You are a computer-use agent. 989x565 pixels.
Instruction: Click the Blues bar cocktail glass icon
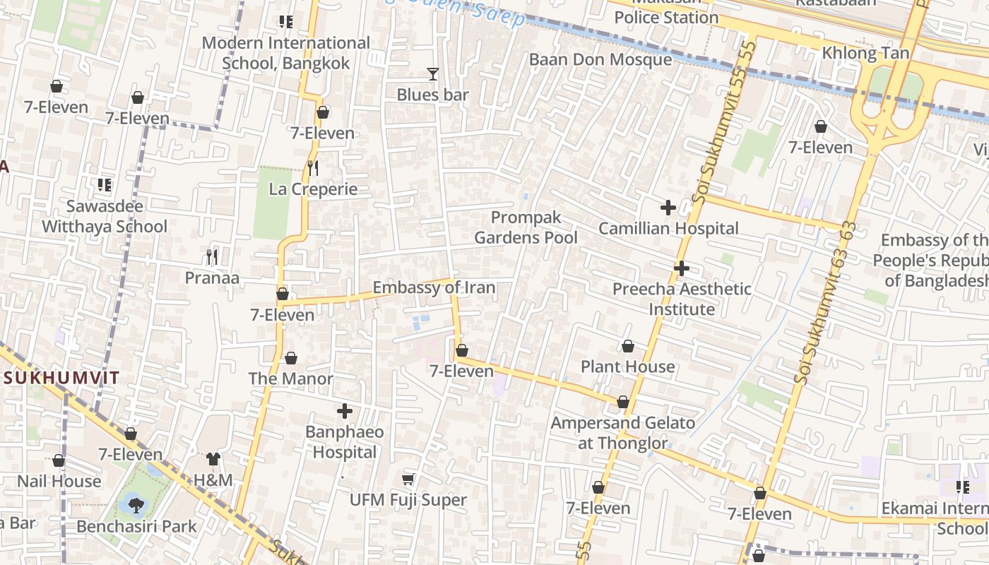pyautogui.click(x=432, y=73)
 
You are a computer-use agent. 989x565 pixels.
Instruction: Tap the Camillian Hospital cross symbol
pyautogui.click(x=668, y=208)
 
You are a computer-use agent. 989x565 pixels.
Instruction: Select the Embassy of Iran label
pyautogui.click(x=434, y=287)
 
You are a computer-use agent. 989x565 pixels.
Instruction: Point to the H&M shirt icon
pyautogui.click(x=213, y=459)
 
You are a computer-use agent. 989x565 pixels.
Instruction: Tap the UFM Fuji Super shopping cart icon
pyautogui.click(x=408, y=480)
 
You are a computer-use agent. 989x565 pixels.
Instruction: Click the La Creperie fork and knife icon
pyautogui.click(x=313, y=168)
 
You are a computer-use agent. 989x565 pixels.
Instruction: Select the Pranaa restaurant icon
pyautogui.click(x=212, y=256)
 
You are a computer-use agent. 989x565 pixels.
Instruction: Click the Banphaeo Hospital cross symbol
pyautogui.click(x=345, y=410)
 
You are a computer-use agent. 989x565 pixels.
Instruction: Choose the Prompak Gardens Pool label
pyautogui.click(x=526, y=227)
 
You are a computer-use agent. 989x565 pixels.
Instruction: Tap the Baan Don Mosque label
pyautogui.click(x=600, y=59)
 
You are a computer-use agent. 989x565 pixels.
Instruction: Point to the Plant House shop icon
pyautogui.click(x=627, y=346)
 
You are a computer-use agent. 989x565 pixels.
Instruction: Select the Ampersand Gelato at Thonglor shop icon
pyautogui.click(x=622, y=402)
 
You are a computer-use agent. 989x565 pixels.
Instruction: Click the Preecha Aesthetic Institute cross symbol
pyautogui.click(x=681, y=268)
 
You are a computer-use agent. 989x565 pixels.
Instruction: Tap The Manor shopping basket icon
pyautogui.click(x=290, y=358)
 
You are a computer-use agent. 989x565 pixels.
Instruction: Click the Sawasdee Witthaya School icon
pyautogui.click(x=105, y=185)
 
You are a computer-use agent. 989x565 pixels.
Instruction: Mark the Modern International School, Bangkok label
pyautogui.click(x=285, y=53)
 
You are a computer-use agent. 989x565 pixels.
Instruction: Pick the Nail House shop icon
pyautogui.click(x=59, y=461)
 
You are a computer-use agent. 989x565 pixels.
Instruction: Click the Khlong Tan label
pyautogui.click(x=865, y=53)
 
